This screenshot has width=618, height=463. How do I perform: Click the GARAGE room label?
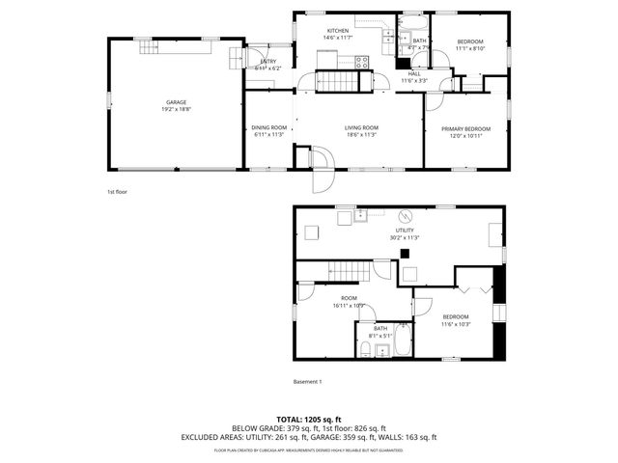176,102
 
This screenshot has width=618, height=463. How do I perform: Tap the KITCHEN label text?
338,31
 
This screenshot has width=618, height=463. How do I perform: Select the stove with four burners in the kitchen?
364,61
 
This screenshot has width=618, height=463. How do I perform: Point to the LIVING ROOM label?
362,127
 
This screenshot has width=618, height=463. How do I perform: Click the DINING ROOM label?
269,127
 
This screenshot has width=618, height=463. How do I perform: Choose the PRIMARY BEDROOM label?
466,129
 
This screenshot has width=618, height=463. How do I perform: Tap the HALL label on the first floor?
414,73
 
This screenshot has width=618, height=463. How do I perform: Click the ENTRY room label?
269,62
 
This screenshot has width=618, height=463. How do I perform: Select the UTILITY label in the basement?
404,231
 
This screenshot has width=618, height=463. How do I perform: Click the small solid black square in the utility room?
407,254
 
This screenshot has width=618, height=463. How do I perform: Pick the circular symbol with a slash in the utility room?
406,215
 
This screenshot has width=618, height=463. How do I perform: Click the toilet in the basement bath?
367,347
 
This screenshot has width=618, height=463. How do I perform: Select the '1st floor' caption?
117,192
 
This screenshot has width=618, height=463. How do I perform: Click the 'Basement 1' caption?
307,381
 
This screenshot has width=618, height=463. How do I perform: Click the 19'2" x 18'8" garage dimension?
176,109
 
